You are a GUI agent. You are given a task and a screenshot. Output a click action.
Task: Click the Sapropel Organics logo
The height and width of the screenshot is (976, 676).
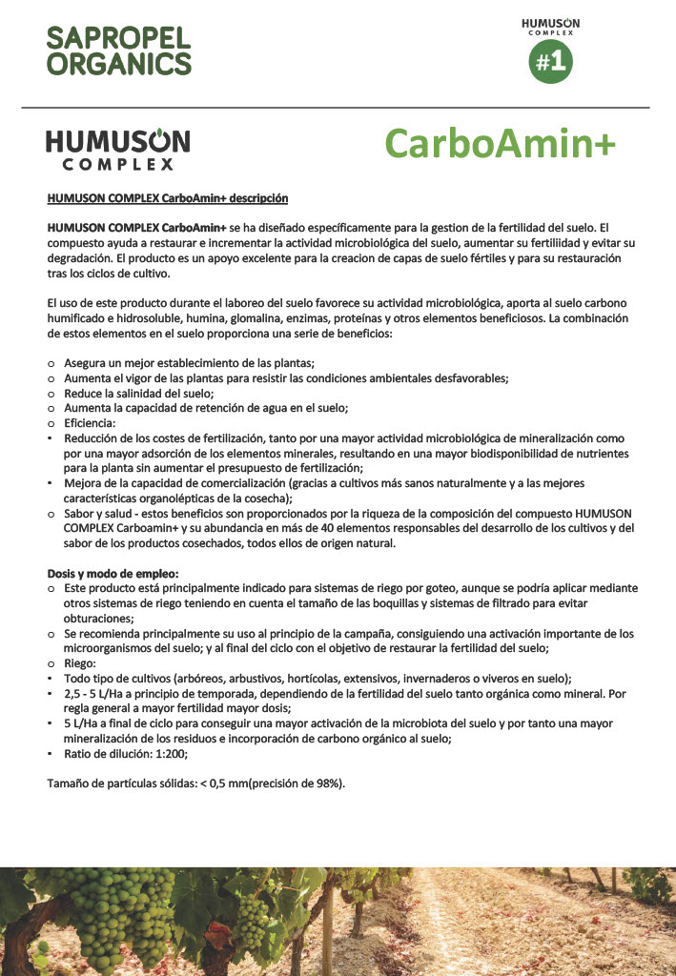(x=119, y=51)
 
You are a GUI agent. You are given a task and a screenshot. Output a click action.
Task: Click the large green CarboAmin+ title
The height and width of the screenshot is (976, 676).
(x=501, y=144)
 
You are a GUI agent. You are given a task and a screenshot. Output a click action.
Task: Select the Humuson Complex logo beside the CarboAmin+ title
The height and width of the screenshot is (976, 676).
(x=118, y=150)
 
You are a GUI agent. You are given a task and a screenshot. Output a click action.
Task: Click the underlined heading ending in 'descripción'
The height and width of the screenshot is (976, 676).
(x=168, y=198)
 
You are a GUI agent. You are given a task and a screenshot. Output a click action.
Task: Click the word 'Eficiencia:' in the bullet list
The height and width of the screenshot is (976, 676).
(x=90, y=422)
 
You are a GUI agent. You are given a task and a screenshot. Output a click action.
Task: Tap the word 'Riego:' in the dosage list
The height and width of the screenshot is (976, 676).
(x=81, y=663)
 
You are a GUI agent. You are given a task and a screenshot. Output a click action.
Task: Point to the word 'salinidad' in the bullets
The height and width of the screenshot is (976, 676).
(x=149, y=393)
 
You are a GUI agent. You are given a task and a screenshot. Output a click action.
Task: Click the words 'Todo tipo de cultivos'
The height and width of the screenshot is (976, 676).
(x=123, y=679)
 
